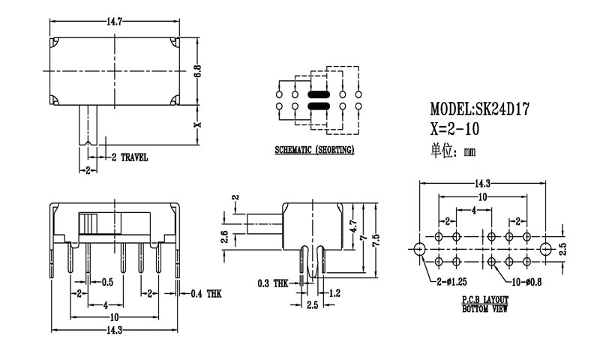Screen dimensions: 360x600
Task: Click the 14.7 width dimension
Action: [x=115, y=22]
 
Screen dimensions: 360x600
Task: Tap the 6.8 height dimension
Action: [x=197, y=72]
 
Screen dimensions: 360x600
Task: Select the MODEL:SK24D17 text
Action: [x=481, y=109]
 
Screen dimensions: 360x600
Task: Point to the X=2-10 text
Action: [x=455, y=129]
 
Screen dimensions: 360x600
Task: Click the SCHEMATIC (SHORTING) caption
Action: [x=314, y=150]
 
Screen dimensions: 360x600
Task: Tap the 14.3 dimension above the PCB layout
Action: [x=481, y=183]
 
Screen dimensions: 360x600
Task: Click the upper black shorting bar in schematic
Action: [x=318, y=95]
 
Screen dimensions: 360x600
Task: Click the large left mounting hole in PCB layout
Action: [x=419, y=247]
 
